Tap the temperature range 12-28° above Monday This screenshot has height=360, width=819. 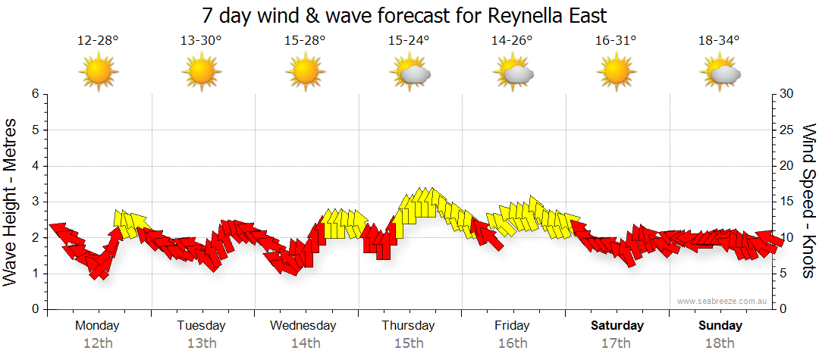click(98, 40)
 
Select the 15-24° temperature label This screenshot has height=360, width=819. click(409, 40)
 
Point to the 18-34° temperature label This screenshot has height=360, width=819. click(719, 40)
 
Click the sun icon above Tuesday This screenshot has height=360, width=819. click(201, 73)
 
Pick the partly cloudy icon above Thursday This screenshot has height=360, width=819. click(409, 73)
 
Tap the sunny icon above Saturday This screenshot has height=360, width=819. click(616, 73)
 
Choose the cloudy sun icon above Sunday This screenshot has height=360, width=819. click(720, 73)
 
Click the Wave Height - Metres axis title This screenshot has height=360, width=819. click(12, 202)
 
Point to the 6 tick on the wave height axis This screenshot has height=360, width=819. click(34, 94)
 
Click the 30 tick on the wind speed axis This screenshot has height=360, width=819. click(786, 94)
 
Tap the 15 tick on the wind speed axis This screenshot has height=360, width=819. click(786, 202)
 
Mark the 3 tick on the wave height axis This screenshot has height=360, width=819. click(34, 202)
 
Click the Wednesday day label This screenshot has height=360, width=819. click(303, 326)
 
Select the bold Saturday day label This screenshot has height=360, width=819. click(617, 326)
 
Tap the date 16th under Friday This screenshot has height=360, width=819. click(513, 343)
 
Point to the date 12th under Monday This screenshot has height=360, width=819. click(98, 343)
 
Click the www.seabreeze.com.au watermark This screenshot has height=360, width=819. click(723, 301)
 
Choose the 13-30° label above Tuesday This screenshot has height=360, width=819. click(201, 40)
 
